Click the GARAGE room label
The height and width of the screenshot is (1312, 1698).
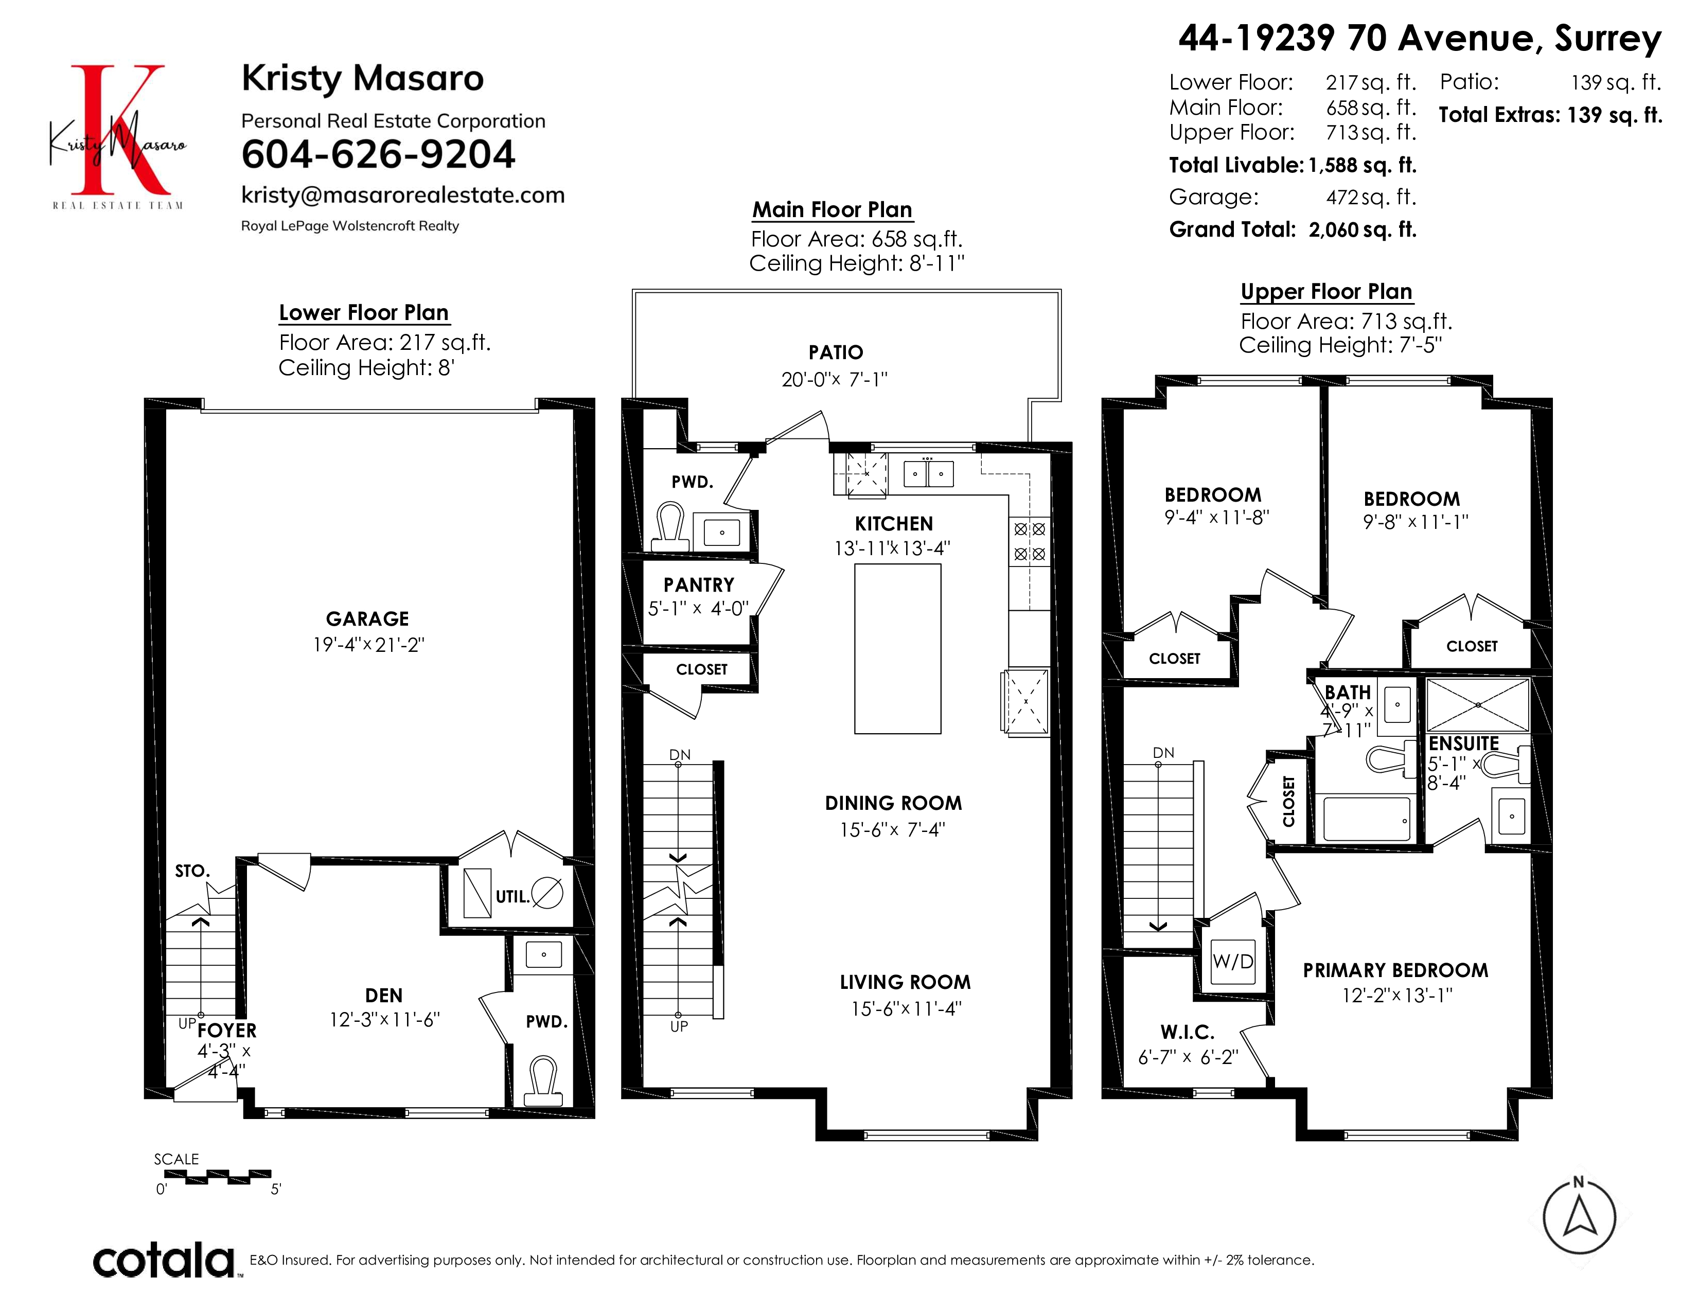pyautogui.click(x=367, y=618)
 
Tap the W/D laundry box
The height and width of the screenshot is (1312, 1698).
pyautogui.click(x=1233, y=962)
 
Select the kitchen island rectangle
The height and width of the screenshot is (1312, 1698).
pyautogui.click(x=897, y=649)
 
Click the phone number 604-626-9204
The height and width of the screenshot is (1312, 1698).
pyautogui.click(x=378, y=154)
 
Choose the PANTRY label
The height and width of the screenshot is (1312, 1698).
pyautogui.click(x=699, y=584)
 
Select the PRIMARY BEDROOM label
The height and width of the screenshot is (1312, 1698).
pyautogui.click(x=1395, y=970)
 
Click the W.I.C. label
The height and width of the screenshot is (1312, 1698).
pyautogui.click(x=1187, y=1032)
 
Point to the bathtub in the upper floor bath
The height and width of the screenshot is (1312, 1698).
pyautogui.click(x=1366, y=819)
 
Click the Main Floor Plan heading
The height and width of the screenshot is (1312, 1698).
pyautogui.click(x=832, y=210)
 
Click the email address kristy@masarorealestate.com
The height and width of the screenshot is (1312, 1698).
pyautogui.click(x=403, y=195)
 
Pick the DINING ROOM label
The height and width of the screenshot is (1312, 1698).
pyautogui.click(x=893, y=803)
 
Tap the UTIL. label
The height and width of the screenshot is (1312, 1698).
pyautogui.click(x=512, y=897)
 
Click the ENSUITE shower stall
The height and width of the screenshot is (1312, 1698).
pyautogui.click(x=1478, y=705)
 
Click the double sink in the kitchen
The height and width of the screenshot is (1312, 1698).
pyautogui.click(x=928, y=473)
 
